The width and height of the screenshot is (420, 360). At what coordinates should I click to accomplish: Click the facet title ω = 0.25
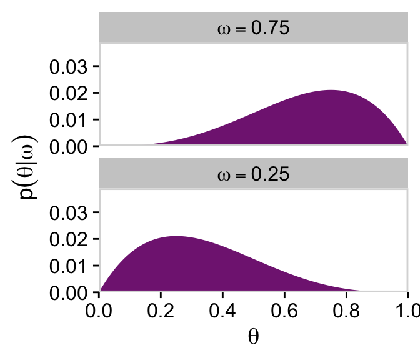click(253, 175)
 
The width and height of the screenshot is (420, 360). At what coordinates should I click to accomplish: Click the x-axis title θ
click(253, 337)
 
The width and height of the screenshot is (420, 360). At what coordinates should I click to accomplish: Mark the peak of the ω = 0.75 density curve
click(331, 91)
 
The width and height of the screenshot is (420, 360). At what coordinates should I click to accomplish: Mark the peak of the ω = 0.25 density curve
click(177, 236)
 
